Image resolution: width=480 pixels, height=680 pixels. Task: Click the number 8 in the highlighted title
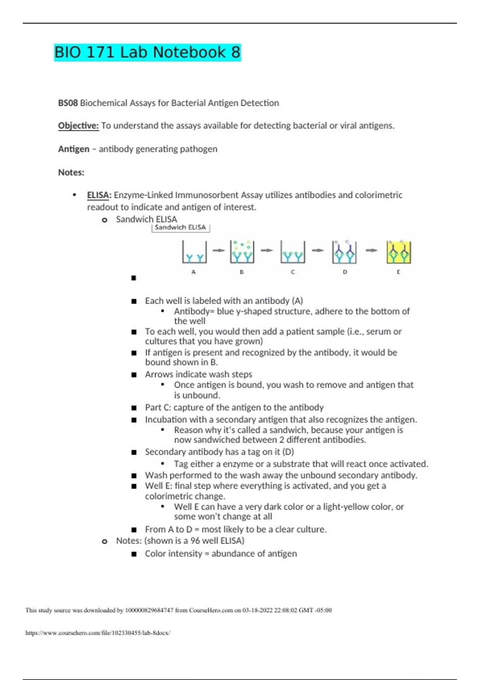coord(235,52)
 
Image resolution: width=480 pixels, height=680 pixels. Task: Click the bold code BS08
coord(68,103)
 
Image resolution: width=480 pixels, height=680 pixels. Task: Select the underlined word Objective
coord(78,126)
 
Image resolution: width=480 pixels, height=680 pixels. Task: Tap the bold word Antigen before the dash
coord(74,149)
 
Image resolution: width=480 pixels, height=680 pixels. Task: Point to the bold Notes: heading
coord(71,172)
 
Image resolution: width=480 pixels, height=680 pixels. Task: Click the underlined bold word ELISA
coord(98,195)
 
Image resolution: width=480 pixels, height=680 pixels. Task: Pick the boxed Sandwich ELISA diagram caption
coord(180,228)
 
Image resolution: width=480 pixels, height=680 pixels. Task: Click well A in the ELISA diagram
coord(194,252)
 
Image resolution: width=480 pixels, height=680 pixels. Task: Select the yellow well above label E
coord(398,252)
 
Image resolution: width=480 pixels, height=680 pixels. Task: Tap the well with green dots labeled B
coord(242,252)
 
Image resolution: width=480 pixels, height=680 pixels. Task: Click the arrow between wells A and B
coord(218,251)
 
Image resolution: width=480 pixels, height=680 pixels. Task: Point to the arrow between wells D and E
coord(372,251)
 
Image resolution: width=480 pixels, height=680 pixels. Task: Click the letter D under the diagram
coord(345,272)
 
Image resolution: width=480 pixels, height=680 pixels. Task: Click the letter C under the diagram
coord(293,272)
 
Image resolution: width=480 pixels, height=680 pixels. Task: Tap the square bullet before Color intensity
coord(134,554)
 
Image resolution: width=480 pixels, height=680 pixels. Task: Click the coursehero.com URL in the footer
coord(98,633)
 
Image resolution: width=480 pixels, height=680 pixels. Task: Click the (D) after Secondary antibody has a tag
coord(288,452)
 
